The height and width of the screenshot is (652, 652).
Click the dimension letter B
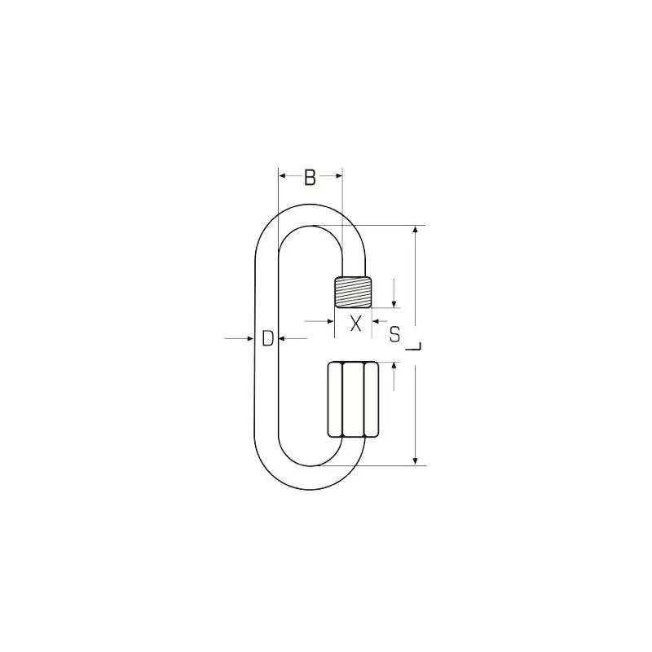(310, 177)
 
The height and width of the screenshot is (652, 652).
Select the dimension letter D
(268, 338)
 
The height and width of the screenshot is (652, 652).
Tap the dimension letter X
(355, 324)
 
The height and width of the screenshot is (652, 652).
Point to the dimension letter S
(394, 334)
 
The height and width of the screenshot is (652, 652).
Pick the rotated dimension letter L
(413, 346)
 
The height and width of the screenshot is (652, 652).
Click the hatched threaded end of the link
(353, 292)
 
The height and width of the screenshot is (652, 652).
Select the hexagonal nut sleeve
(353, 399)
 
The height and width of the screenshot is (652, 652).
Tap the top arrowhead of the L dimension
(415, 230)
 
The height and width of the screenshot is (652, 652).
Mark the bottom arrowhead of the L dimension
(415, 461)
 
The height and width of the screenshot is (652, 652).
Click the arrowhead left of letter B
(282, 176)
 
